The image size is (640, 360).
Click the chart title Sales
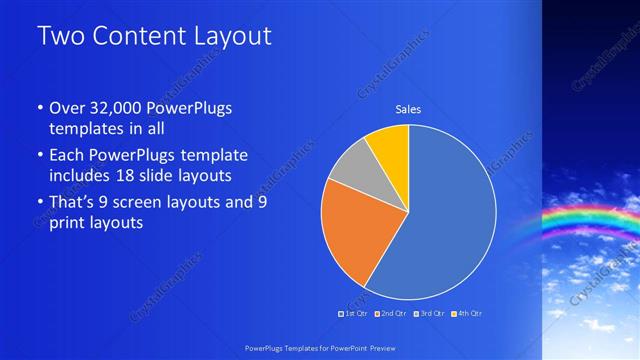[408, 108]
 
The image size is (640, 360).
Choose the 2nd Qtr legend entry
[389, 314]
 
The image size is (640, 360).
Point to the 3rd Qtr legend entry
[430, 314]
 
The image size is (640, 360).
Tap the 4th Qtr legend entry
[468, 314]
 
